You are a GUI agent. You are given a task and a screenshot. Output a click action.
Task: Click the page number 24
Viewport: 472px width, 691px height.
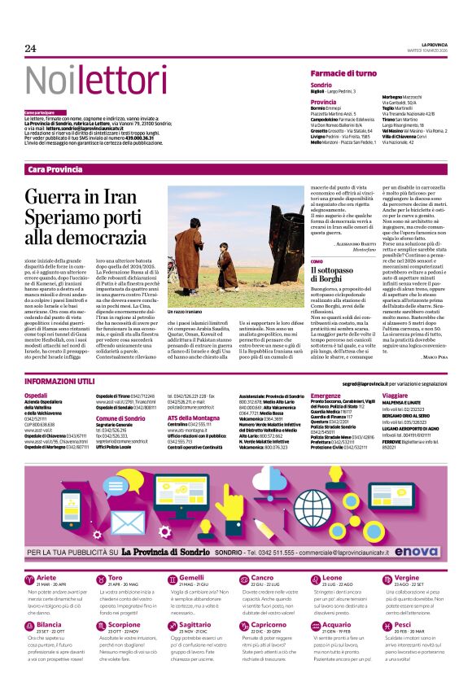(30, 49)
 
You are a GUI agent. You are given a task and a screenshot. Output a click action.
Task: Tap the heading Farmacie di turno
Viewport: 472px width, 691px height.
(343, 73)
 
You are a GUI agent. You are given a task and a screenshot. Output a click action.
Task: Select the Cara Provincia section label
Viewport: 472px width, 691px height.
(55, 169)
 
